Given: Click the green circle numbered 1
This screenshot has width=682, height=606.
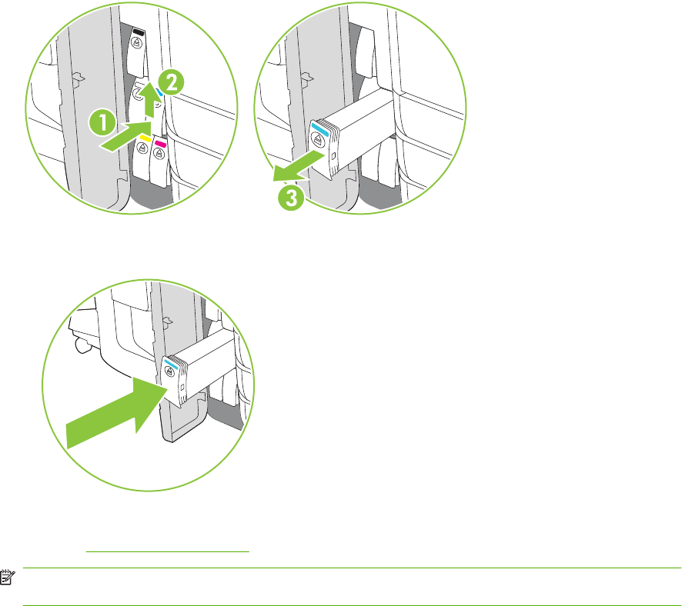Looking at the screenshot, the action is (102, 123).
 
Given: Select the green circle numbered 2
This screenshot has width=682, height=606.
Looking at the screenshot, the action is (171, 83).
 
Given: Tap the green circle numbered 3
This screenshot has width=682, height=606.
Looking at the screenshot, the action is (292, 198).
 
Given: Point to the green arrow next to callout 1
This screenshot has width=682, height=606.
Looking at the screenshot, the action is (125, 136).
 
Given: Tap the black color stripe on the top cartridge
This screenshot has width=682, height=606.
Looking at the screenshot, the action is (139, 32).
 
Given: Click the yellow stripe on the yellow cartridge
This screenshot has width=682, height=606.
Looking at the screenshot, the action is (145, 138).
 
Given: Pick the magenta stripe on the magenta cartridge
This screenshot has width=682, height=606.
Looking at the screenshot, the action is (161, 142).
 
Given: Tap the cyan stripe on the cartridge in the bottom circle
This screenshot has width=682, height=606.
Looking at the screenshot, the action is (171, 364).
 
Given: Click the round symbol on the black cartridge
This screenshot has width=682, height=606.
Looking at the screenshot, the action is (136, 42).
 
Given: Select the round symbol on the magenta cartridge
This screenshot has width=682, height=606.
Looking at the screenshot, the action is (159, 153).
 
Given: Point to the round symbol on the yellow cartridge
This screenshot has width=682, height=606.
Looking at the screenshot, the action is (142, 148).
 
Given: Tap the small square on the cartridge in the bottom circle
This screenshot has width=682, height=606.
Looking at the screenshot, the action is (182, 387).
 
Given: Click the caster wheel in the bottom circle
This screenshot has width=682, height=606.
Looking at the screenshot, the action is (82, 345).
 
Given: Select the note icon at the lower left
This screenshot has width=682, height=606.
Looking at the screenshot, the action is (8, 577).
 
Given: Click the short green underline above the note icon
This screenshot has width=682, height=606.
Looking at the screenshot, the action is (168, 551).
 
